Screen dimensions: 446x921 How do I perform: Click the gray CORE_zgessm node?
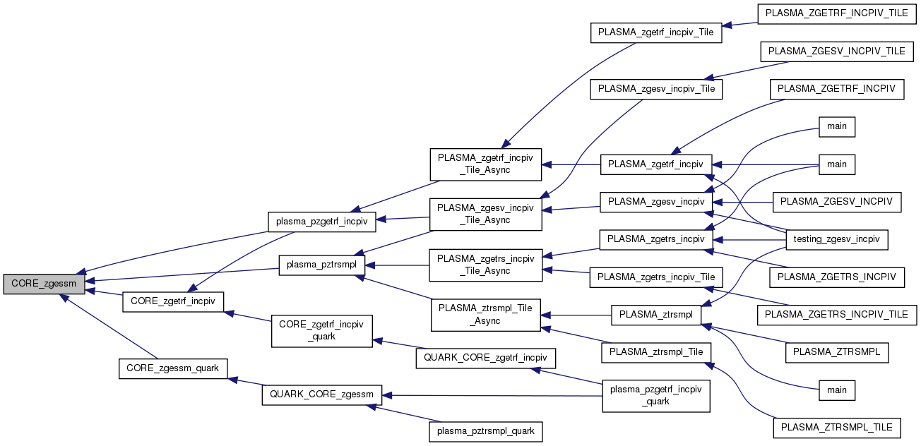click(x=44, y=284)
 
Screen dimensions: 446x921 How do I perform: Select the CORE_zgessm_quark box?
click(x=173, y=368)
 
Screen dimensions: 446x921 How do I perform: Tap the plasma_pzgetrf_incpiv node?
click(x=321, y=221)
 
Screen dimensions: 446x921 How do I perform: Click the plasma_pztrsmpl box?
click(x=322, y=265)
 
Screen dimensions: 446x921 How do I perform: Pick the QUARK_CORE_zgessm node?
click(x=322, y=394)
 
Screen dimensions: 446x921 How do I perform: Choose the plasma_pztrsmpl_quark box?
click(x=486, y=430)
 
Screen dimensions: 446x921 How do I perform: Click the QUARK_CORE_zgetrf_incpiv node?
click(x=485, y=358)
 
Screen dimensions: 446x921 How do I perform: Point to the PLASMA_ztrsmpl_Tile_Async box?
click(x=486, y=315)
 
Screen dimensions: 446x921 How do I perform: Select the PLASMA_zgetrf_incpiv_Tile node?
click(x=656, y=32)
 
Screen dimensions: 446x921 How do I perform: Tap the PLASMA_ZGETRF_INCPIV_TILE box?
click(x=837, y=13)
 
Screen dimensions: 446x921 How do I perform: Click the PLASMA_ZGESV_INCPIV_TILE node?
click(x=837, y=52)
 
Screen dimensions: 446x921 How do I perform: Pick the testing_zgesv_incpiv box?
click(x=837, y=240)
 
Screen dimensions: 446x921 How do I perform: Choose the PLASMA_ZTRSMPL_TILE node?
click(x=837, y=427)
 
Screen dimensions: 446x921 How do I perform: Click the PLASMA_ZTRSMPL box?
click(x=837, y=351)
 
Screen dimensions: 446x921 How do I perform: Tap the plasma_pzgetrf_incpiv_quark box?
click(x=656, y=396)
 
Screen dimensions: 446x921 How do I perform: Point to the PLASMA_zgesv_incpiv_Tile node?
click(x=656, y=89)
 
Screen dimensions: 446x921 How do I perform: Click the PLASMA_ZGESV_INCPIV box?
click(x=837, y=202)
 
